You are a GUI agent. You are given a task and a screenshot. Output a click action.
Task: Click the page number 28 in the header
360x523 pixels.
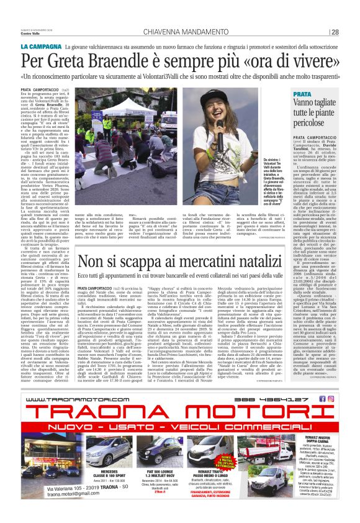[x=335, y=32]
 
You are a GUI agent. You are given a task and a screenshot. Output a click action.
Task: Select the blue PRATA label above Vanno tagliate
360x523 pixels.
[x=303, y=94]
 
